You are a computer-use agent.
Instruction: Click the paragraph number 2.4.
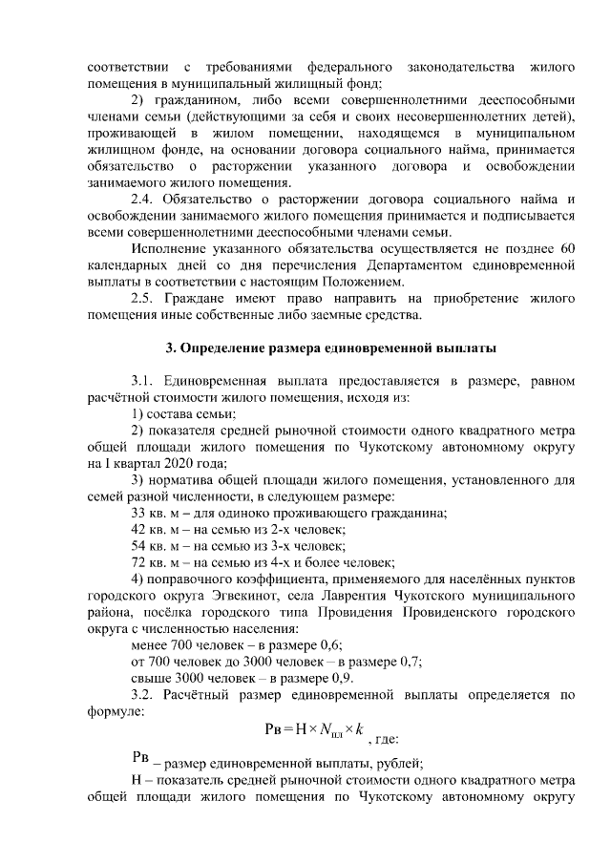(x=142, y=200)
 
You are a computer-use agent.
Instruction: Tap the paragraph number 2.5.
(x=142, y=299)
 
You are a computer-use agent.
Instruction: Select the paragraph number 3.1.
(x=142, y=380)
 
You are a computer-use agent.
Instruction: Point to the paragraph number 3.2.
(x=142, y=694)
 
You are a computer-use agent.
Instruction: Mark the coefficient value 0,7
(x=411, y=661)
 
